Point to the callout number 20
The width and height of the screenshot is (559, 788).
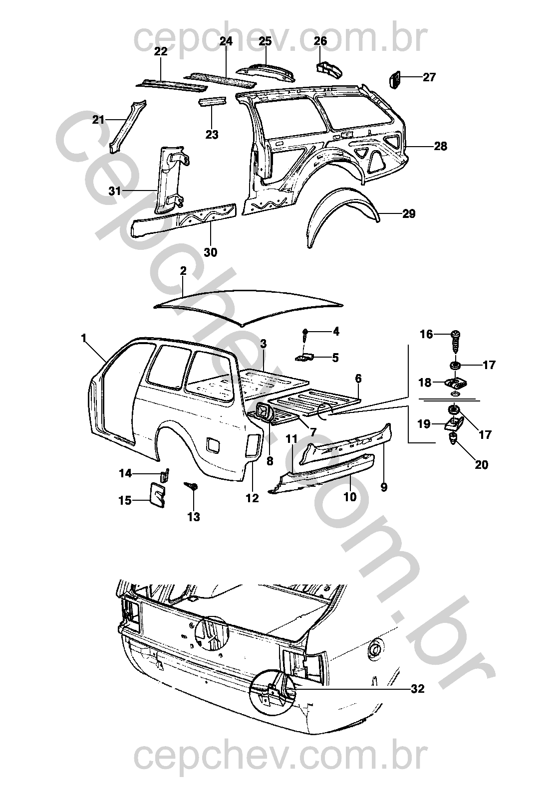point(481,465)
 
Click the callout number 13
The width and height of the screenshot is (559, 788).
point(193,517)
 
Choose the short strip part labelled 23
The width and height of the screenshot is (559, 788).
point(213,101)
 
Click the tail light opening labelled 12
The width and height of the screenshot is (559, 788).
point(254,445)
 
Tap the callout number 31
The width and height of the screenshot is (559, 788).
point(115,191)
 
